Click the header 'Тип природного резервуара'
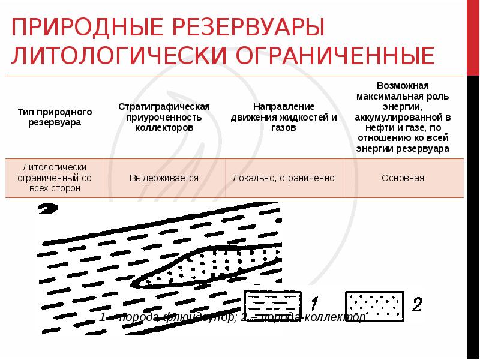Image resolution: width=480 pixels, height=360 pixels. (x=55, y=117)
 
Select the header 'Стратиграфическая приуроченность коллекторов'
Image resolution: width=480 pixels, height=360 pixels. (x=164, y=117)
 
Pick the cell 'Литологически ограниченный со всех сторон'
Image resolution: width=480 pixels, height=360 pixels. (x=55, y=178)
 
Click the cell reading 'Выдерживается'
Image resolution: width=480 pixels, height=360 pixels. (x=164, y=178)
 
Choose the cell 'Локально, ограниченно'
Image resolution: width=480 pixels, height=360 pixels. (x=284, y=178)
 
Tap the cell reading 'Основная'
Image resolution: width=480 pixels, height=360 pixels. (x=403, y=178)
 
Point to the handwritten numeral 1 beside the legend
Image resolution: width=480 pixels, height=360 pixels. (x=316, y=304)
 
